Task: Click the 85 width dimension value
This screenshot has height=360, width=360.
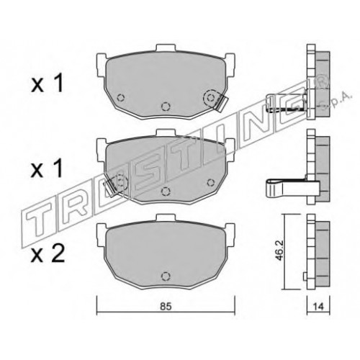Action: (x=166, y=307)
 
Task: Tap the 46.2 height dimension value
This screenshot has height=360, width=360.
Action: (x=280, y=251)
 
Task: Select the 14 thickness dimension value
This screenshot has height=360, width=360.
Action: (x=318, y=307)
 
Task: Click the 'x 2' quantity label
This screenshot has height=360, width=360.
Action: (x=48, y=254)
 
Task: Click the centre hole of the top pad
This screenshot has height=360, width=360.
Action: (x=166, y=106)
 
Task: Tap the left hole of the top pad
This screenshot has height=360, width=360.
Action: (x=120, y=98)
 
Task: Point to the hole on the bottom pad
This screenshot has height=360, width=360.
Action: (x=166, y=276)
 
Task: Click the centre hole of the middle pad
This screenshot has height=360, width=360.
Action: (x=166, y=191)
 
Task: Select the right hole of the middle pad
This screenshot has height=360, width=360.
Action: (x=211, y=182)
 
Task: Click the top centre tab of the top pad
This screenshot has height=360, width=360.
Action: (x=166, y=48)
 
